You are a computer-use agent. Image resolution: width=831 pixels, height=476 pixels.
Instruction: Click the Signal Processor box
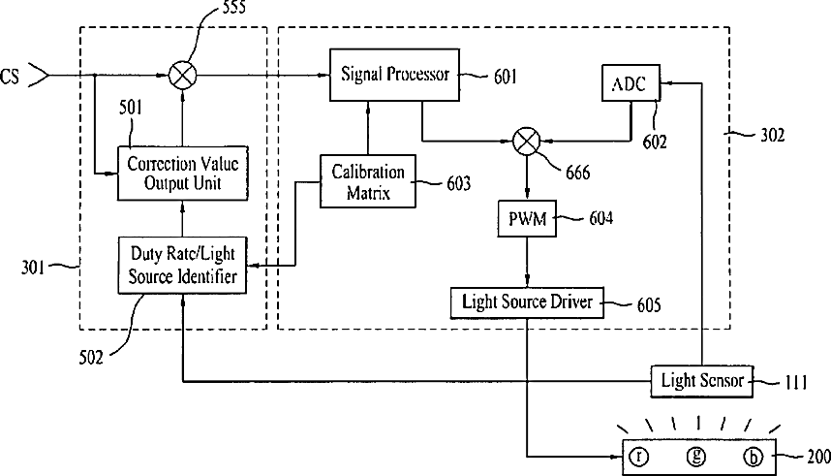(394, 75)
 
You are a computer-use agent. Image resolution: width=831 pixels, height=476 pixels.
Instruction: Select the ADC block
(631, 82)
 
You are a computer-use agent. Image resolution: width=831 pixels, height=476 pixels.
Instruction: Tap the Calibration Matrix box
(368, 181)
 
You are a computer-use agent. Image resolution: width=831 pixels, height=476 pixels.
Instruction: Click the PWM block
(527, 218)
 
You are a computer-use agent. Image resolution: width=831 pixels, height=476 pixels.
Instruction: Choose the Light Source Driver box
(527, 302)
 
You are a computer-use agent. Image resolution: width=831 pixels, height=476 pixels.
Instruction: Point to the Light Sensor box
(701, 380)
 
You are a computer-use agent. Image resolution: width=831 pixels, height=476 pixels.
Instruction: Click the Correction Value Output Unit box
(182, 173)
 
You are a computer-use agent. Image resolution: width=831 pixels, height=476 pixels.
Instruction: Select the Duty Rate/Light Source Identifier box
(182, 265)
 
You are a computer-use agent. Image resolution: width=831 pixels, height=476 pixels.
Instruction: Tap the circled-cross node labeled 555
(182, 76)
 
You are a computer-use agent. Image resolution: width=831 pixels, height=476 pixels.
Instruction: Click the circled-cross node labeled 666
(526, 142)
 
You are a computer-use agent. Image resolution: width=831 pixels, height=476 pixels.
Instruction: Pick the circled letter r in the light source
(639, 457)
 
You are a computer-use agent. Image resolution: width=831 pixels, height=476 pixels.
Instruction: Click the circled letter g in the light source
(695, 457)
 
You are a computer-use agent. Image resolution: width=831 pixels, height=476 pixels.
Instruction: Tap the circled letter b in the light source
(753, 457)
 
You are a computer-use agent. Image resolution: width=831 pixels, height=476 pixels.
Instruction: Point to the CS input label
(10, 77)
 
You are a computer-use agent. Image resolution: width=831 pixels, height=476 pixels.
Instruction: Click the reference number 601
(505, 77)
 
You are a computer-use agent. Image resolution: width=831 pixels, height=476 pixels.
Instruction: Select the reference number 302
(772, 136)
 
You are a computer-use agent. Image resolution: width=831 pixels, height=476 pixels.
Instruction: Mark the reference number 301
(33, 267)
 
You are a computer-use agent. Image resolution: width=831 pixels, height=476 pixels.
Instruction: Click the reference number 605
(649, 305)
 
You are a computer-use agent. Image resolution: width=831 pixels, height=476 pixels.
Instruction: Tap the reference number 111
(795, 382)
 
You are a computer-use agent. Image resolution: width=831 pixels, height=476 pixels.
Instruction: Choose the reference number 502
(91, 358)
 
